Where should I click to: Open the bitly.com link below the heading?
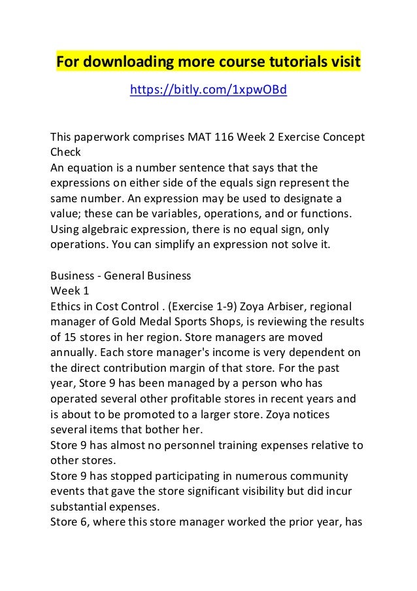[x=208, y=90]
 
